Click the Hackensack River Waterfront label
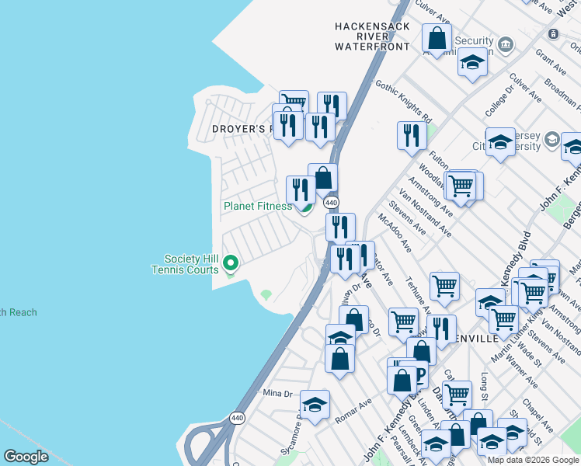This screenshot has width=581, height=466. [x=372, y=37]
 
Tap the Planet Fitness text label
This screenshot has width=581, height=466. [x=258, y=206]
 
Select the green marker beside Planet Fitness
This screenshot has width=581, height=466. [x=306, y=206]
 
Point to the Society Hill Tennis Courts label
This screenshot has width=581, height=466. [x=190, y=264]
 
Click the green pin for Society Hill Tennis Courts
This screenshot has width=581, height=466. [x=230, y=264]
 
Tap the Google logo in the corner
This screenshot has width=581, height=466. [x=26, y=457]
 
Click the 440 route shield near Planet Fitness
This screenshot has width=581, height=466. [x=332, y=202]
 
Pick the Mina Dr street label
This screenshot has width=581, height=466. [x=277, y=394]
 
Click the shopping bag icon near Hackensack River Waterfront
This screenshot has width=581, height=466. [x=437, y=38]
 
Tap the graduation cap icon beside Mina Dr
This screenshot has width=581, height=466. [x=315, y=404]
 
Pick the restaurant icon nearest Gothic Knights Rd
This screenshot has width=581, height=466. [x=411, y=134]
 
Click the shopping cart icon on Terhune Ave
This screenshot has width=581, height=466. [x=444, y=286]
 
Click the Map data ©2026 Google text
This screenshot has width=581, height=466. [x=532, y=459]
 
